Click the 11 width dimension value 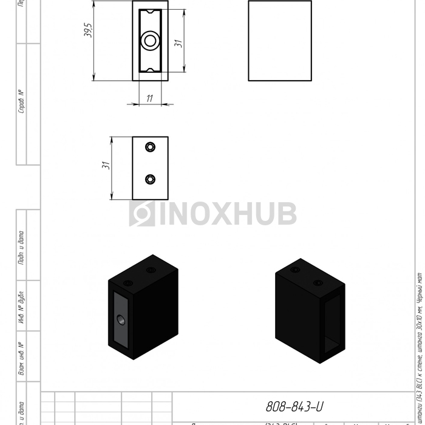pyautogui.click(x=149, y=97)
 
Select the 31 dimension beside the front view pyautogui.click(x=178, y=44)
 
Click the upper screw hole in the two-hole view pyautogui.click(x=150, y=147)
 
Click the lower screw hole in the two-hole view pyautogui.click(x=150, y=178)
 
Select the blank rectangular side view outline pyautogui.click(x=279, y=41)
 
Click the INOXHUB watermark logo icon pyautogui.click(x=141, y=214)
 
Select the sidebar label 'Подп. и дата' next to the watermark pyautogui.click(x=22, y=248)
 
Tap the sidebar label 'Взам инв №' pyautogui.click(x=22, y=358)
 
